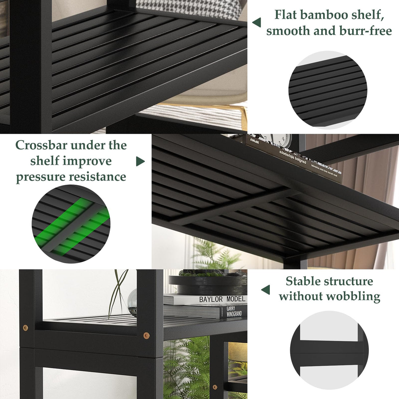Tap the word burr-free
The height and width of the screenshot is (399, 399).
[x=369, y=31]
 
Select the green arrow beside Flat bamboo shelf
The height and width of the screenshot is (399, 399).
[x=257, y=22]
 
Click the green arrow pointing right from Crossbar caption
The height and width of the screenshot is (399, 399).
[x=140, y=161]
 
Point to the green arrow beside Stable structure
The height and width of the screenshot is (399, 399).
[x=266, y=290]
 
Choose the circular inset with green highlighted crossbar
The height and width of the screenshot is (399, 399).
[x=71, y=223]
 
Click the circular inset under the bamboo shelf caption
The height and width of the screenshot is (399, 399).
[x=328, y=90]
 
